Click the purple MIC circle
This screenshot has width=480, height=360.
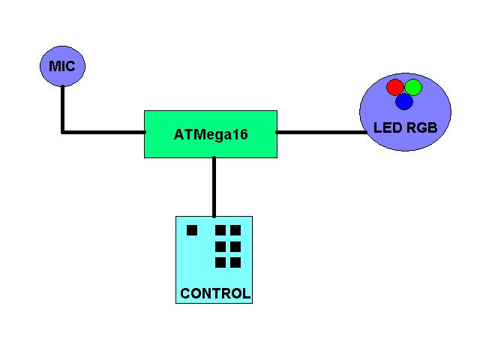click(x=62, y=66)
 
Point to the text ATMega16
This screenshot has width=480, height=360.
click(x=211, y=135)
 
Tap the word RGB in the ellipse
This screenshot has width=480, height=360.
click(x=422, y=128)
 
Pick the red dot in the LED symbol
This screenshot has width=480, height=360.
click(x=395, y=88)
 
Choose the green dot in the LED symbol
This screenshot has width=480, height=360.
click(x=413, y=88)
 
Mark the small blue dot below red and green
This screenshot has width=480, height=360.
click(x=404, y=101)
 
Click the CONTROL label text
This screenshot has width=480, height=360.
click(x=215, y=293)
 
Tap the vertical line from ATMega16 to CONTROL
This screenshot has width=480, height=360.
click(x=214, y=187)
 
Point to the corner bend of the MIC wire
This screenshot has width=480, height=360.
click(x=62, y=133)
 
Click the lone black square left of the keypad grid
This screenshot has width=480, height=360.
click(x=192, y=230)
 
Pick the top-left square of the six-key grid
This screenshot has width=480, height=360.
click(x=220, y=230)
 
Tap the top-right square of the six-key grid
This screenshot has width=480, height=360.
click(x=235, y=230)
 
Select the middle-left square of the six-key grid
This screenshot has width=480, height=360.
click(x=220, y=246)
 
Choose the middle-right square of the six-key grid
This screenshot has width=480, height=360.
click(x=235, y=246)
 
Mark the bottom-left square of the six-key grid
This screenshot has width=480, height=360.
click(x=220, y=262)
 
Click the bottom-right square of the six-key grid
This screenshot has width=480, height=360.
click(x=235, y=262)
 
